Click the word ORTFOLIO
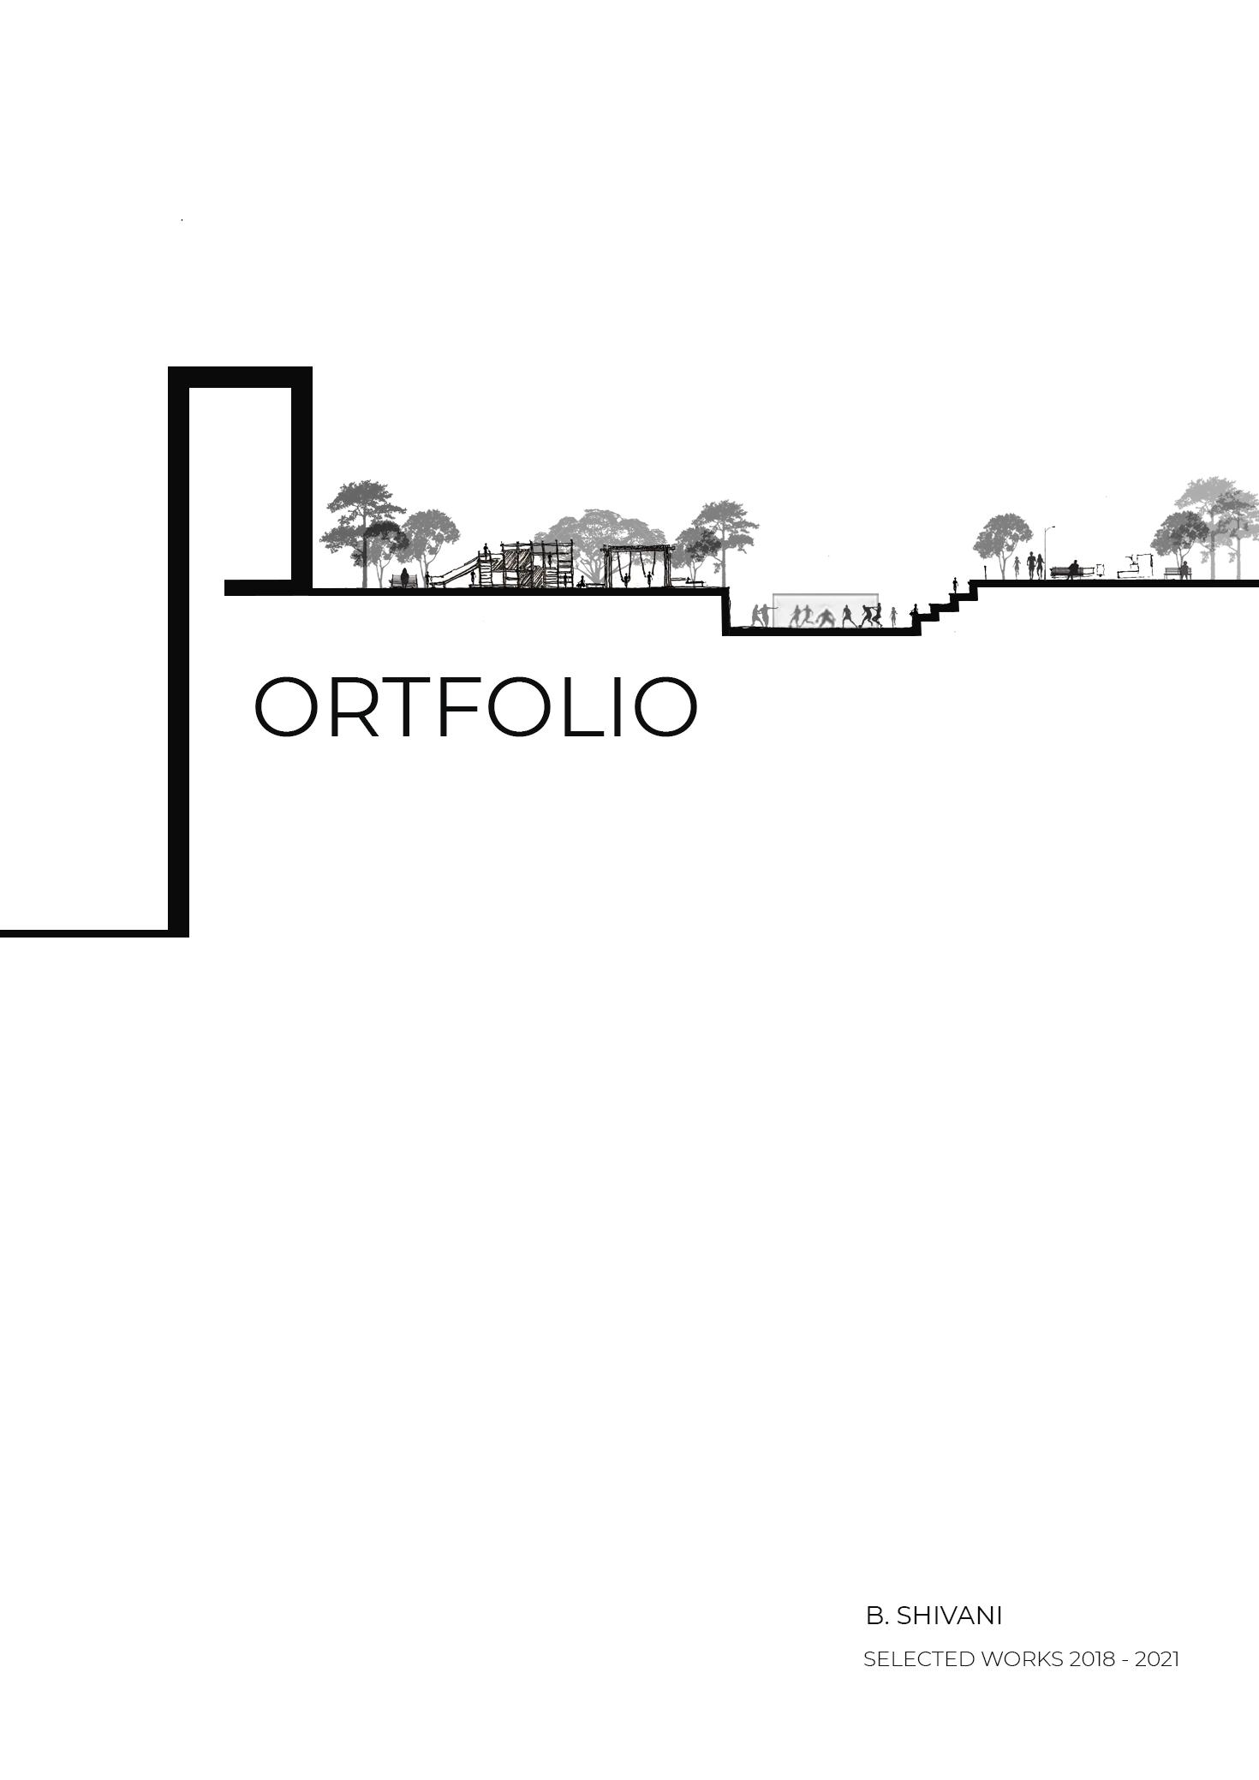tap(475, 708)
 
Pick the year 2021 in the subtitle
tap(1157, 1659)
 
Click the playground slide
tap(455, 571)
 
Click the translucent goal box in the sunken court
tap(824, 610)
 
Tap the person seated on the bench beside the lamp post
tap(1073, 569)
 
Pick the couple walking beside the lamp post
tap(1035, 565)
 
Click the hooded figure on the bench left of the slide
tap(405, 578)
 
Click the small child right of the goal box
tap(893, 616)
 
